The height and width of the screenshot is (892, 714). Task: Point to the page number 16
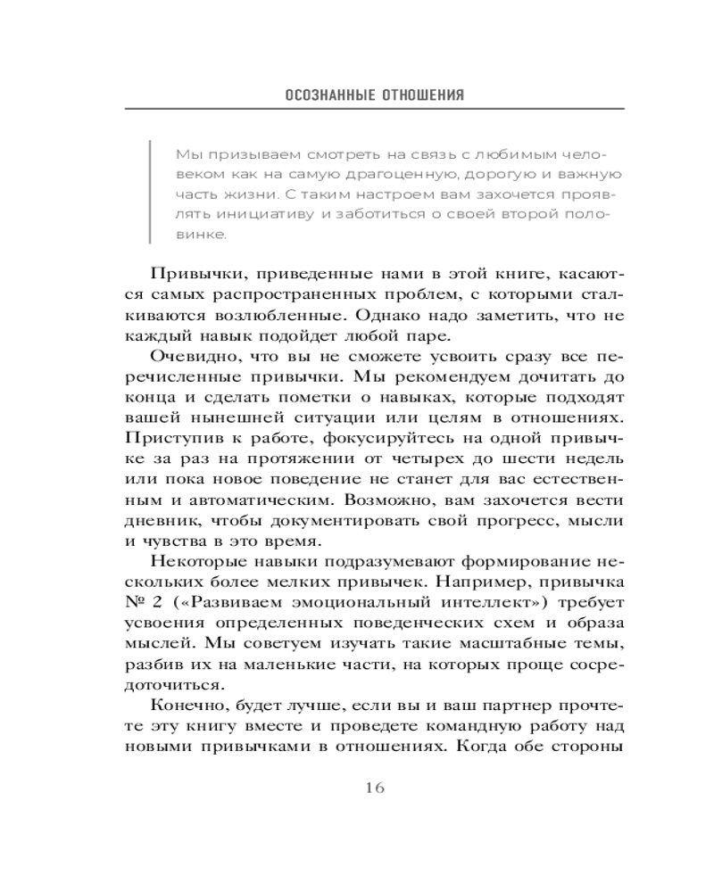375,788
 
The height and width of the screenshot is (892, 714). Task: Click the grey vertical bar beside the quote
151,193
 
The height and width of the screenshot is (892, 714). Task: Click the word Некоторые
195,561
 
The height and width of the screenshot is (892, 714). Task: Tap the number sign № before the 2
137,602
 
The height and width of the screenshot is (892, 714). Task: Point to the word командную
478,725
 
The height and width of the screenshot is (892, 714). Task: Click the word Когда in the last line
481,746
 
